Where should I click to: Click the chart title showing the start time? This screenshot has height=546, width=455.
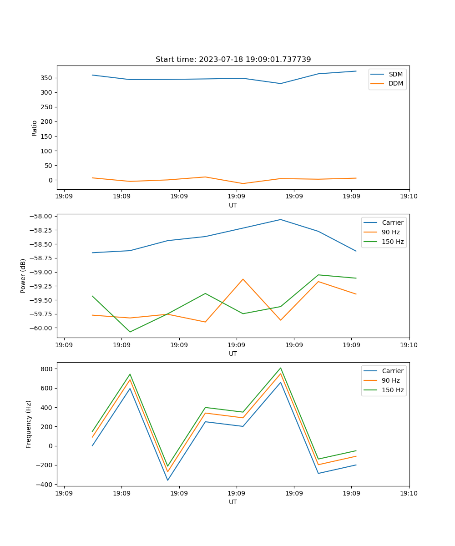point(233,60)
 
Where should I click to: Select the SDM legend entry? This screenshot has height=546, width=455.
point(395,74)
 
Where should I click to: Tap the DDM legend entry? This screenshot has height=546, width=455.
point(395,84)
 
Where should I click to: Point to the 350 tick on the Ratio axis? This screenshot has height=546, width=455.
point(47,78)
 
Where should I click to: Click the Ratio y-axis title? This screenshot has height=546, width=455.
point(35,128)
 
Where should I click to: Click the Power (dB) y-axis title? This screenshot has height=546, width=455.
point(23,276)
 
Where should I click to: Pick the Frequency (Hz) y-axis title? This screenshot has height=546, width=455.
point(29,424)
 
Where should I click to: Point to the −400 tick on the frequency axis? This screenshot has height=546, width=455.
point(45,485)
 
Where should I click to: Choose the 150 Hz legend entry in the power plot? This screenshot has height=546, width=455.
point(393,242)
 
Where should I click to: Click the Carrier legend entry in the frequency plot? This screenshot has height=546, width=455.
point(393,371)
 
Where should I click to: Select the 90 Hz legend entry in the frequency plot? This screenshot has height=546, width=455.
point(391,380)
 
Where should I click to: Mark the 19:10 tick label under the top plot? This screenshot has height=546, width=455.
point(409,197)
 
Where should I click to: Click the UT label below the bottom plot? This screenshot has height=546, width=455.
point(233,502)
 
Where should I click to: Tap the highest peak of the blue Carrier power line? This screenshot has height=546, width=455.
point(280,219)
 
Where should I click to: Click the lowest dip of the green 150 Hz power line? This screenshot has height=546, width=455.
point(130,332)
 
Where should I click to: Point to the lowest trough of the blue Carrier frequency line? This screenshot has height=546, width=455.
point(167,480)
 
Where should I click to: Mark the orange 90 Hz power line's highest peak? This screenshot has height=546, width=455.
point(243,279)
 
